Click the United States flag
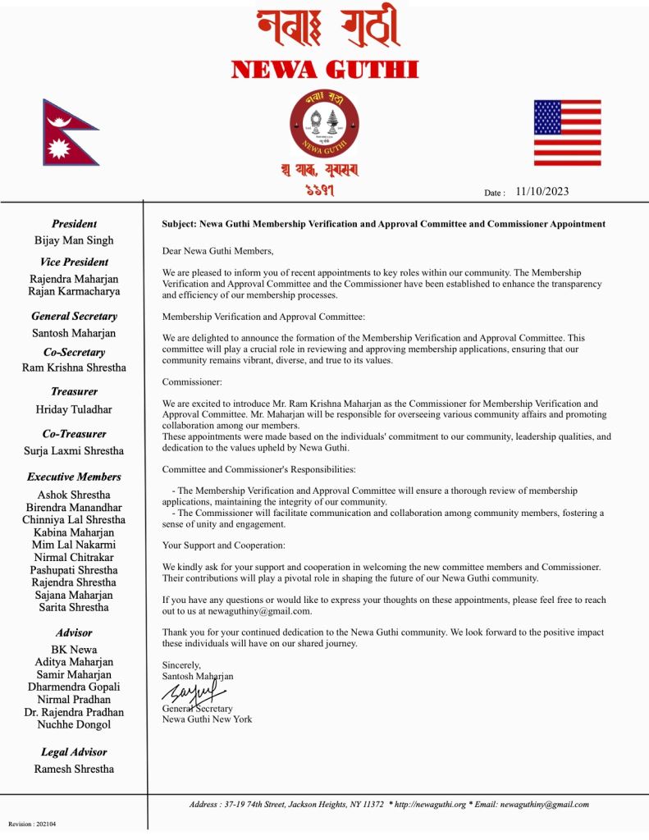tap(567, 132)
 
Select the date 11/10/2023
tap(542, 192)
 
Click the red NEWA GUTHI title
tap(325, 69)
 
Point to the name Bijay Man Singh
tap(74, 240)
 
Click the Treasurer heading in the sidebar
tap(74, 391)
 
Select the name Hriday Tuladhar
tap(74, 409)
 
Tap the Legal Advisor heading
tap(74, 751)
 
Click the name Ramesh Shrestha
tap(74, 769)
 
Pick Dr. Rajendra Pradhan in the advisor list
tap(74, 712)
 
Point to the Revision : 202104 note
tap(33, 824)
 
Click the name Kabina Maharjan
tap(74, 532)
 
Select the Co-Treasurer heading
tap(74, 433)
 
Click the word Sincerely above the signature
tap(181, 665)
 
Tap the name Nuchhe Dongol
tap(74, 724)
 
